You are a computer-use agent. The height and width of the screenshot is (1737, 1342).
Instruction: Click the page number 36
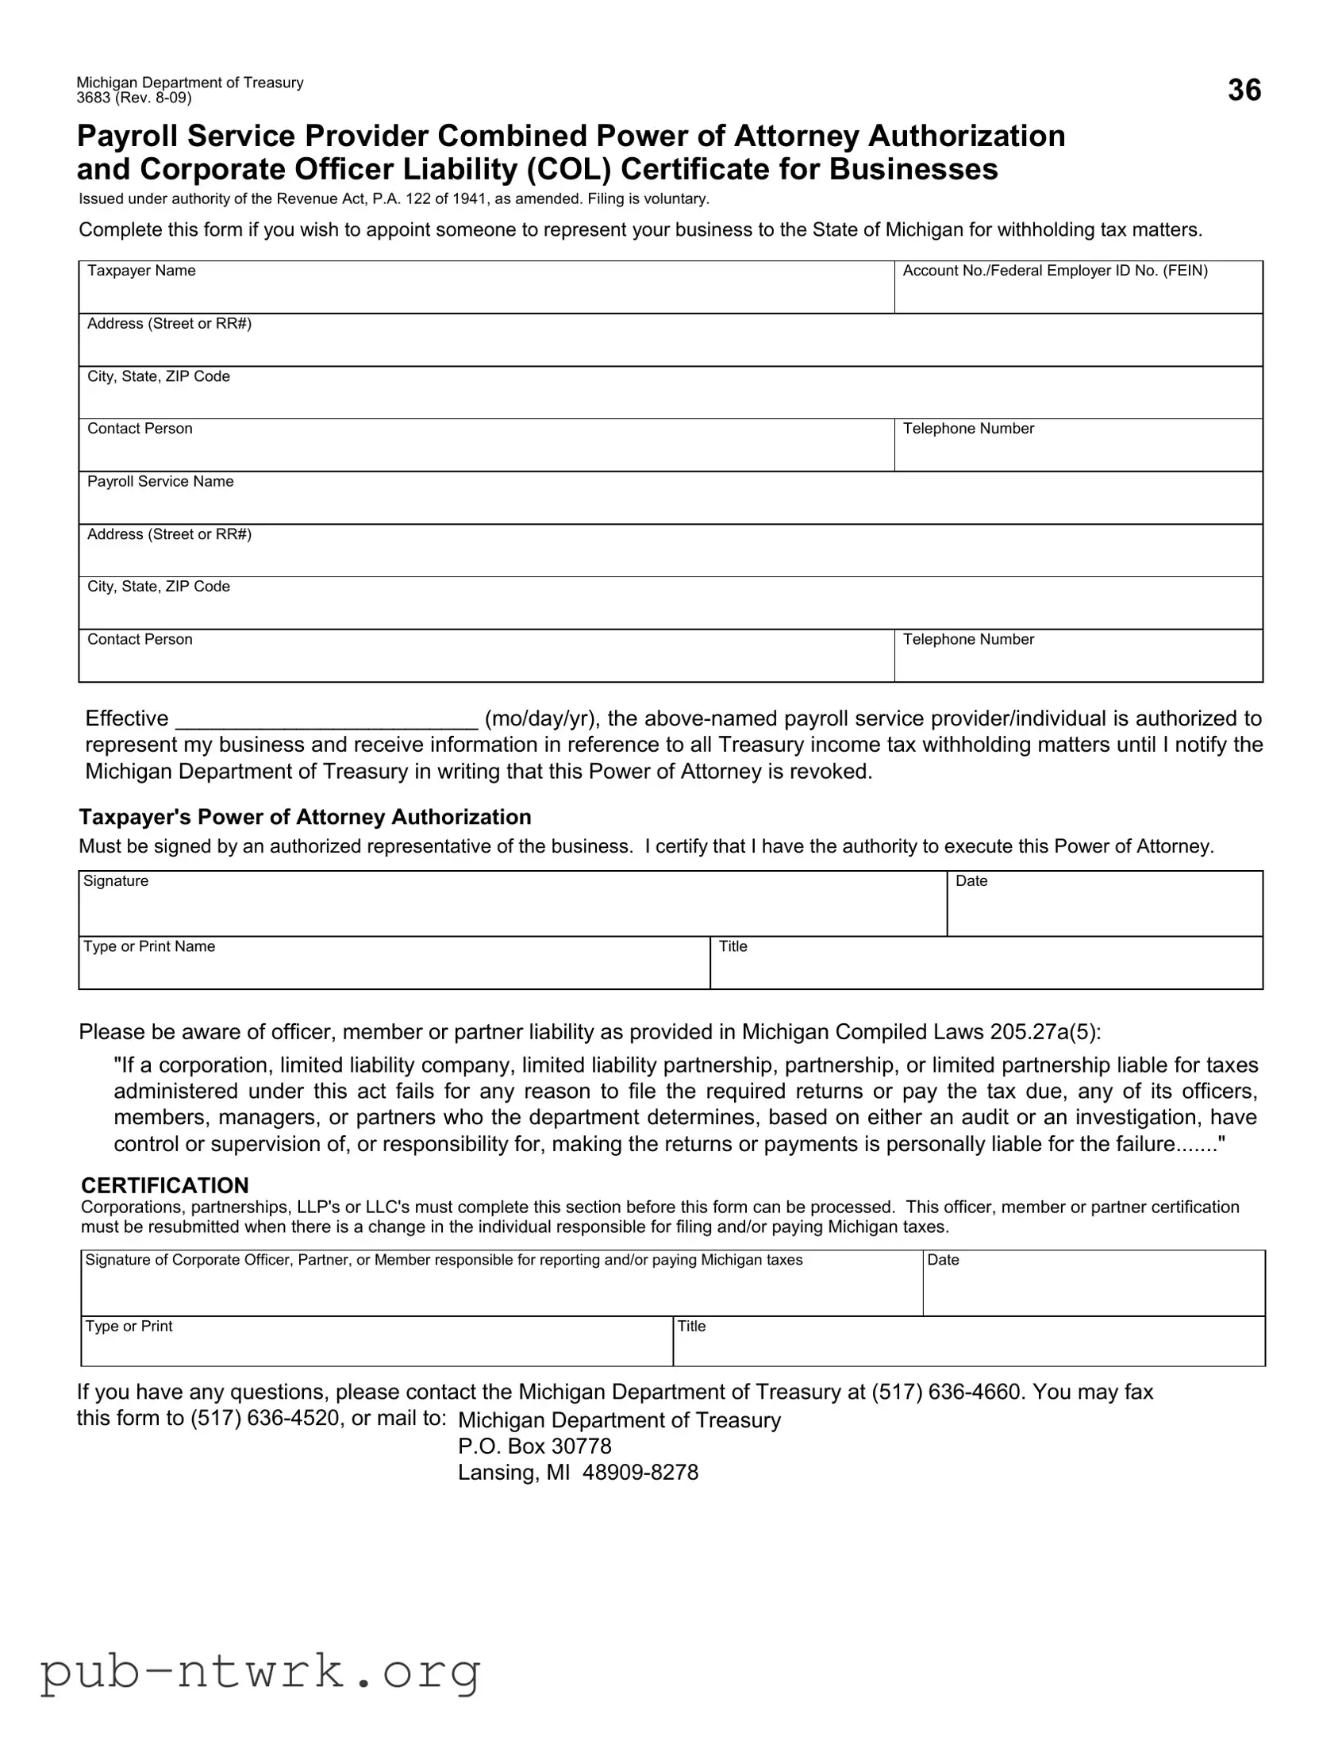[x=1244, y=90]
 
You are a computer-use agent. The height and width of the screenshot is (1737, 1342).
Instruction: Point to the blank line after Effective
[x=326, y=720]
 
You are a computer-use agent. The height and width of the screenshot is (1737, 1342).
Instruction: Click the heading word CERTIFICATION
[x=164, y=1185]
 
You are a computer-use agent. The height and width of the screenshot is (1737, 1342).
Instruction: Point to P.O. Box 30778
[x=534, y=1446]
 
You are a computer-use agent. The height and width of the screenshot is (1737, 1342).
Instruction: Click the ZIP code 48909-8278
[x=640, y=1472]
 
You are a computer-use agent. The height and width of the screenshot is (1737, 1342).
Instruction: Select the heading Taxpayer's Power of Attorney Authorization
[x=305, y=817]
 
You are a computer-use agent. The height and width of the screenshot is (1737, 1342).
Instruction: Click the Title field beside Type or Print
[x=968, y=1342]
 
